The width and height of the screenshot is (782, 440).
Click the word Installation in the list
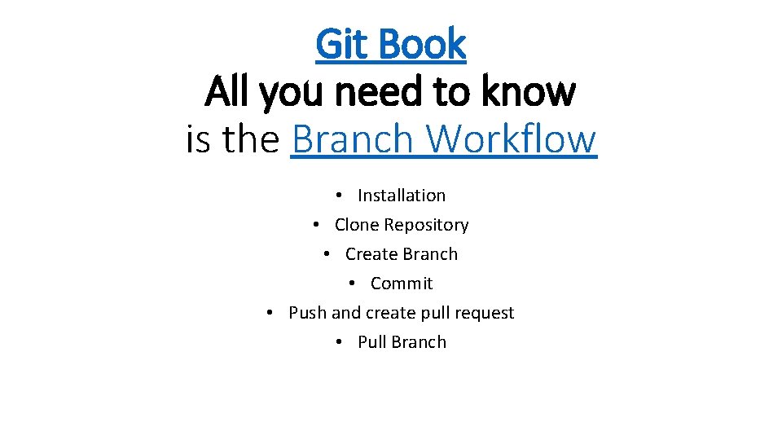point(402,196)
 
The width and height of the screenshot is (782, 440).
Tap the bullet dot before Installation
point(338,196)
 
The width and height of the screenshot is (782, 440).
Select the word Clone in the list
point(357,225)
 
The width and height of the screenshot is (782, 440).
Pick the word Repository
point(426,225)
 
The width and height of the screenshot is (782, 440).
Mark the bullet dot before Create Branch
point(326,255)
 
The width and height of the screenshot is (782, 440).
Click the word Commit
point(402,284)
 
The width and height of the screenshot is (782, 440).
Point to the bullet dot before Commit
point(351,284)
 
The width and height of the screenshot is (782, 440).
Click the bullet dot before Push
point(270,314)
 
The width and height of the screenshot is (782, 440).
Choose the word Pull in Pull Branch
point(371,342)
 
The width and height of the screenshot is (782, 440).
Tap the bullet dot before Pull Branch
point(338,343)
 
